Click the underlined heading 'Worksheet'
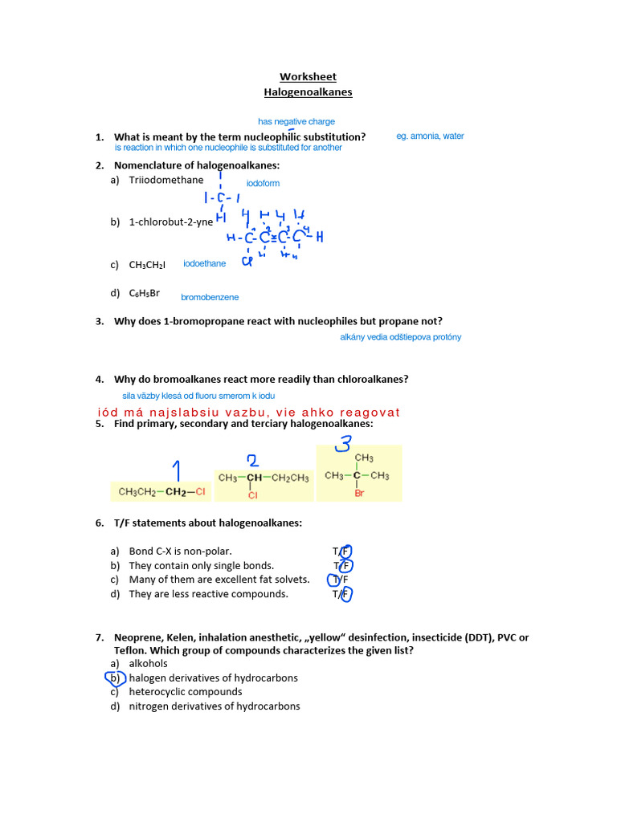308,77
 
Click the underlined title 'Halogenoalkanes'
308,92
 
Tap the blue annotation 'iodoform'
263,184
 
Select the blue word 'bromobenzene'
210,298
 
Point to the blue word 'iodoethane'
205,263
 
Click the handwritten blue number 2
252,460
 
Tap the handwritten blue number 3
343,444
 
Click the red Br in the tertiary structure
359,494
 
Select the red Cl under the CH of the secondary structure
251,496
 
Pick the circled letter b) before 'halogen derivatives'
116,678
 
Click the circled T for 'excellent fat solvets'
337,580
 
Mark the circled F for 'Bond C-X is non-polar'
346,551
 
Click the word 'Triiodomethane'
166,180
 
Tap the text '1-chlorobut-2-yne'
171,222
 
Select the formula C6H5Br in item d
145,294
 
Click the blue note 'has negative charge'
296,122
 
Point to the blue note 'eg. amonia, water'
430,136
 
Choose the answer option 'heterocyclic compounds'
186,692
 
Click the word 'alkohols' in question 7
149,664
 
